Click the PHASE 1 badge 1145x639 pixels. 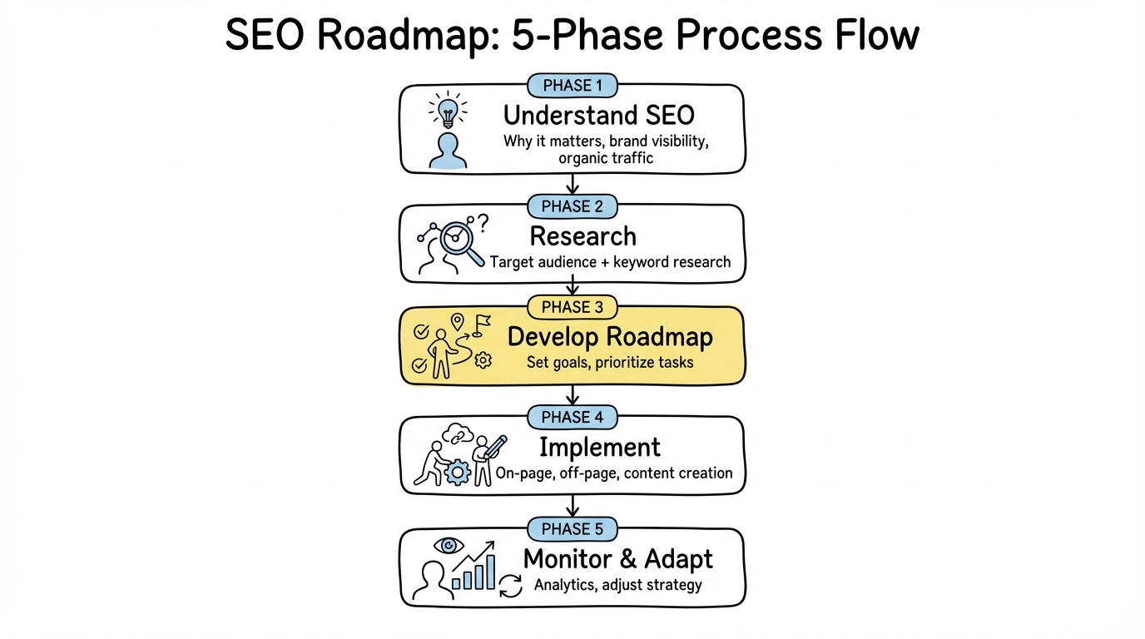pos(572,85)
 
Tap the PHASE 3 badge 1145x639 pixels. pos(572,307)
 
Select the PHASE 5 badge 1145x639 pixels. pos(572,529)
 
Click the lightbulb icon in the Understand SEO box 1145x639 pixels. pos(448,110)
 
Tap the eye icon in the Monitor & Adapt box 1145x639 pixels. pos(449,545)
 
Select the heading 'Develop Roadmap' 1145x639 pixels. pos(610,337)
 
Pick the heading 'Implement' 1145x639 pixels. pos(599,447)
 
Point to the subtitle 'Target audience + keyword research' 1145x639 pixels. pos(610,262)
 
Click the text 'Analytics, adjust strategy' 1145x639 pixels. pos(617,585)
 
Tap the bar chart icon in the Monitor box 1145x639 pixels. pos(474,572)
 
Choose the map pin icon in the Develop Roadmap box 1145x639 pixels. pos(456,322)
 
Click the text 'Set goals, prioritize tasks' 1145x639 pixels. pos(610,363)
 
